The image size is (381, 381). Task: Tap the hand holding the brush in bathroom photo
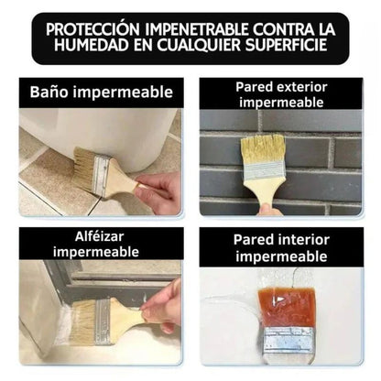[x=164, y=190]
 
